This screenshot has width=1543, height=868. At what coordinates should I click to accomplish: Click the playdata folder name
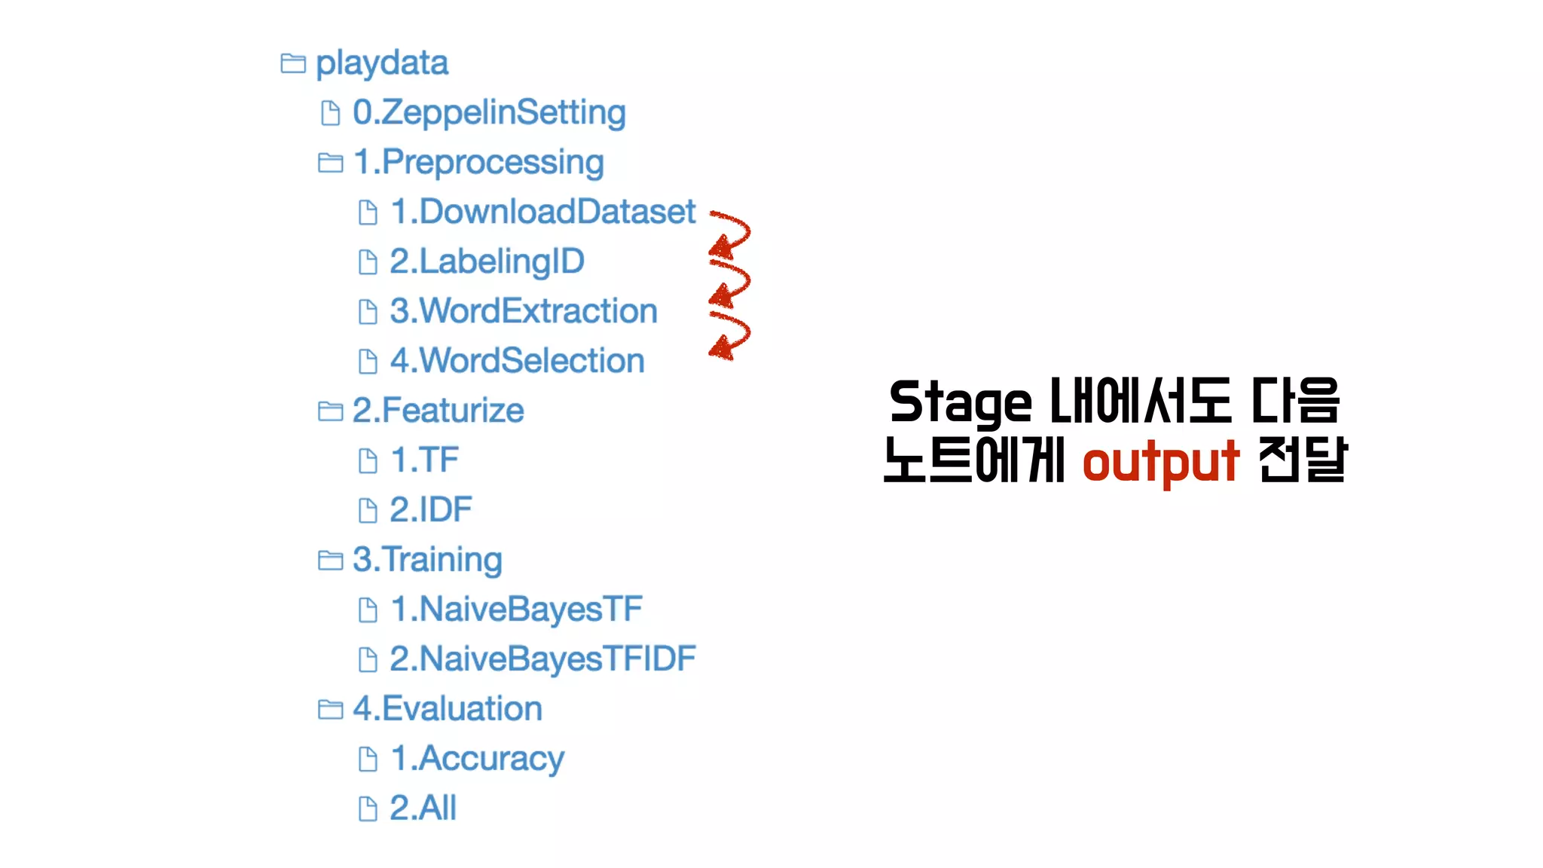click(x=381, y=63)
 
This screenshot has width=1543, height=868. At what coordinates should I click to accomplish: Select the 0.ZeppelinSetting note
click(x=489, y=113)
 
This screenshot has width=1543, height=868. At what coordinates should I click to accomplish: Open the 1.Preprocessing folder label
click(x=478, y=163)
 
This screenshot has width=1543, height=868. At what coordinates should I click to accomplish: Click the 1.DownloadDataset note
click(x=542, y=212)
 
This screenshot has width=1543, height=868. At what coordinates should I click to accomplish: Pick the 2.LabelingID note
click(x=487, y=261)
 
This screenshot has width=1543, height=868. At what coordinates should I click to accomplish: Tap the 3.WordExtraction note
click(x=524, y=311)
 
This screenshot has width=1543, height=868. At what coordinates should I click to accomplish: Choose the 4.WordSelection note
click(x=517, y=361)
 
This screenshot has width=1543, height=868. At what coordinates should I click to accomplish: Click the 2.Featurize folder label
click(x=438, y=411)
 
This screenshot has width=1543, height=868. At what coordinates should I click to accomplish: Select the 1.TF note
click(x=424, y=460)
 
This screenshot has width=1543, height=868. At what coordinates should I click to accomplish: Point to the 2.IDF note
click(x=430, y=510)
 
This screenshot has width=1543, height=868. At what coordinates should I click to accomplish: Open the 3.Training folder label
click(x=427, y=560)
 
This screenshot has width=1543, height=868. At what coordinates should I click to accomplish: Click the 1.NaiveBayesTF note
click(x=516, y=610)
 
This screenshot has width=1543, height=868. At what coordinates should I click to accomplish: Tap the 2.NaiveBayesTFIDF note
click(x=542, y=659)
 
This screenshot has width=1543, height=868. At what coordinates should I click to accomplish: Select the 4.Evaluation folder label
click(x=447, y=709)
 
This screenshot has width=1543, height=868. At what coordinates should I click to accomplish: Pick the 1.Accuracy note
click(x=477, y=759)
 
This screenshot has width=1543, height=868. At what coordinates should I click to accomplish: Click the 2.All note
click(x=423, y=808)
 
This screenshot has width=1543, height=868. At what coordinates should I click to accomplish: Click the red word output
click(x=1160, y=462)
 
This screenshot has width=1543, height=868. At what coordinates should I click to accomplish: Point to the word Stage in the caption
click(x=960, y=402)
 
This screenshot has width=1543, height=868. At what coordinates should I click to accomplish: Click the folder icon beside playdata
click(x=293, y=63)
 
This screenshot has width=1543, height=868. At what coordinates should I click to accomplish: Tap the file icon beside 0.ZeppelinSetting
click(x=330, y=113)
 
